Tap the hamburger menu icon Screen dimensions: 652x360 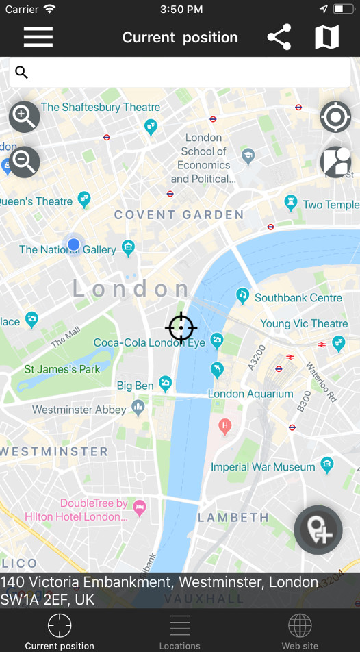coord(38,37)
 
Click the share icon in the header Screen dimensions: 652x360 coord(279,37)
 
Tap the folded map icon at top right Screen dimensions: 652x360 coord(326,37)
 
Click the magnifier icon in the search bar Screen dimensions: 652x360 coord(21,72)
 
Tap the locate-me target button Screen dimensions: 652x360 coord(335,117)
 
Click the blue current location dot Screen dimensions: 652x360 coord(74,244)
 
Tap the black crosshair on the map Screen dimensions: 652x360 coord(181,328)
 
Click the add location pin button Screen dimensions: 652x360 coord(318,529)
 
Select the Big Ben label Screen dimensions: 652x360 coord(135,386)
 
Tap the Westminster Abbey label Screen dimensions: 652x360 coord(79,410)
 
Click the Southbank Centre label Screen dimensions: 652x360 coord(298,298)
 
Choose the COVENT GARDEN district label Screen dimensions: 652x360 coord(179,215)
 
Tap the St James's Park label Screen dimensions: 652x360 coord(62,369)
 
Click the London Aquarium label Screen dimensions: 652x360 coord(250,394)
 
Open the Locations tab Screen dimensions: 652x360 coord(179,631)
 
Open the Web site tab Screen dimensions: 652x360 coord(300,631)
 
